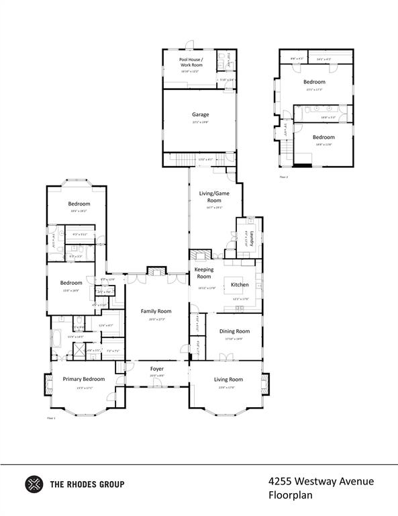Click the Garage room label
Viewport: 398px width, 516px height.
point(200,115)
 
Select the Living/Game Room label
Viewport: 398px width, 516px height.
point(209,197)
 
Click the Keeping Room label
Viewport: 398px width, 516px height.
point(203,273)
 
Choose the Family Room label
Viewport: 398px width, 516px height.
point(156,311)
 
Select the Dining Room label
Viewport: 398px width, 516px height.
point(234,331)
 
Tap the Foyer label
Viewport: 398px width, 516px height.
point(156,369)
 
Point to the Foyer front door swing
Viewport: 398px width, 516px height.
point(156,384)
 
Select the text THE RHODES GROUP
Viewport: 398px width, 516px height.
point(87,484)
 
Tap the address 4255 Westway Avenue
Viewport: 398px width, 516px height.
point(320,481)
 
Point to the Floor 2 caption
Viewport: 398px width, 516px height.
point(284,177)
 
